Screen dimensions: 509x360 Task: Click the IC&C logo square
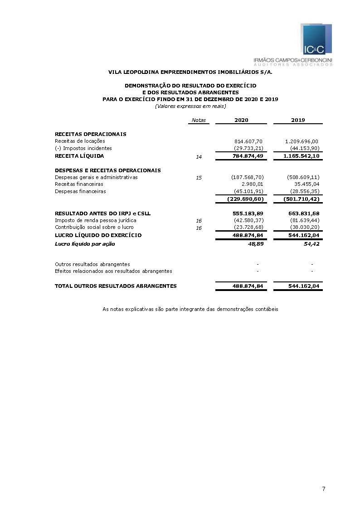tap(315, 40)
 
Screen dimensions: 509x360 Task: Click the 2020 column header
tap(241, 120)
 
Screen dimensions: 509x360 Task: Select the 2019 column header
tap(298, 120)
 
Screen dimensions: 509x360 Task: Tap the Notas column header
tap(199, 120)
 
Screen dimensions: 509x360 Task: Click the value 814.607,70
tap(248, 141)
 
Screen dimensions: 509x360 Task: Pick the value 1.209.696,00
tap(302, 141)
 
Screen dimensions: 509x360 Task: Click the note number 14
tap(199, 157)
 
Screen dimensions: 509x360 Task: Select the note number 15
tap(199, 178)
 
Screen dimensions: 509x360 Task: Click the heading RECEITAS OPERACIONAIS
tap(90, 134)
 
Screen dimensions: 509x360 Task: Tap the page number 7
tap(323, 489)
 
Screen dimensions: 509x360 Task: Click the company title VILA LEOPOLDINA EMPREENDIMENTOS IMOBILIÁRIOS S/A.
tap(190, 72)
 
